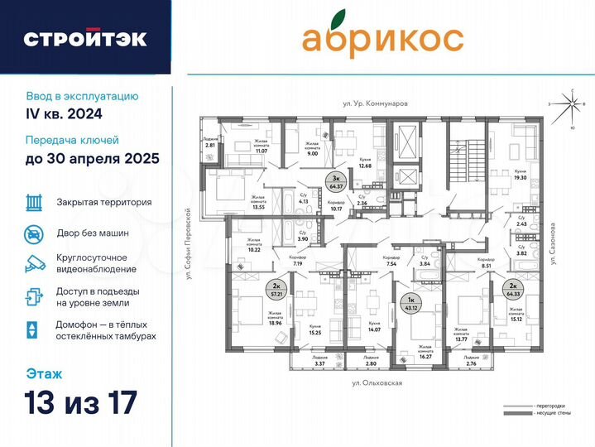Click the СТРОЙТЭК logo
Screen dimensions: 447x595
click(x=85, y=38)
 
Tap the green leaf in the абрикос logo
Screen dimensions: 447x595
click(x=335, y=17)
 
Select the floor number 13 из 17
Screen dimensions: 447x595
click(x=81, y=404)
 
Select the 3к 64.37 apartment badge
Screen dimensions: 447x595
click(x=358, y=182)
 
